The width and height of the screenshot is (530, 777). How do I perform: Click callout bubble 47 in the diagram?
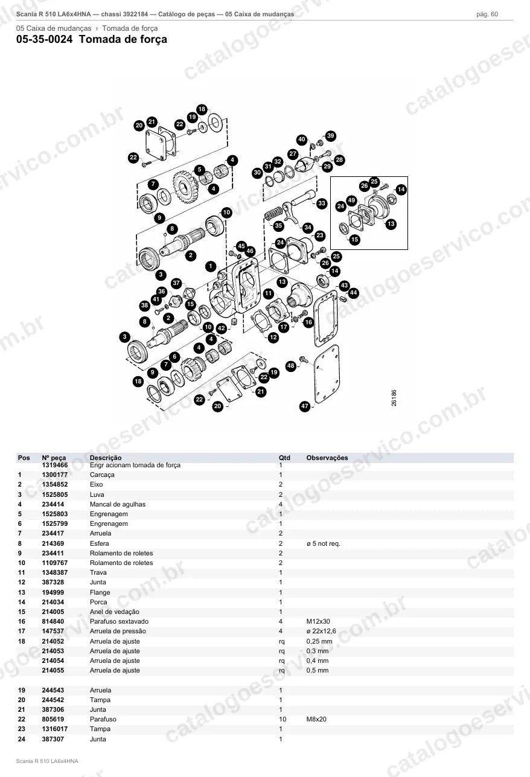pos(305,406)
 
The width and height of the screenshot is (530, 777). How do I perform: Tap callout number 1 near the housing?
pos(211,266)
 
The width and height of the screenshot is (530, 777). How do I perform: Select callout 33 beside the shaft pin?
pos(322,203)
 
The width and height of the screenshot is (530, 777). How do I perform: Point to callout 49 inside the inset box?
pos(352,200)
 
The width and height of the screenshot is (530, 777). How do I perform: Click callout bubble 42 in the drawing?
pos(222,328)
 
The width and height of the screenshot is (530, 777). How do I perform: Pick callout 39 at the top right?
pos(331,136)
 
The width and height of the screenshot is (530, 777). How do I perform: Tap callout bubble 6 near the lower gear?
pos(174,357)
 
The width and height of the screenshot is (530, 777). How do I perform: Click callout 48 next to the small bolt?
pos(291,366)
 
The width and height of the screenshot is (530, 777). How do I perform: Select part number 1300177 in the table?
pos(55,475)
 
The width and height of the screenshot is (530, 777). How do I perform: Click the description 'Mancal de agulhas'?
pos(118,504)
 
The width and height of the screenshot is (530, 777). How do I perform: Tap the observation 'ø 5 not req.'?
pos(324,543)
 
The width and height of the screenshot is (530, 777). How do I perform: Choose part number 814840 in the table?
pos(53,621)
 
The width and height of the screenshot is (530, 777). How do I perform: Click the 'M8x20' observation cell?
pos(316,719)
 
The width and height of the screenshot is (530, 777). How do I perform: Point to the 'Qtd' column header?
pos(284,458)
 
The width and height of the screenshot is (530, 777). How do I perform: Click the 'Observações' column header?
pos(327,458)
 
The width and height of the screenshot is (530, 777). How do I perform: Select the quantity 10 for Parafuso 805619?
pos(283,719)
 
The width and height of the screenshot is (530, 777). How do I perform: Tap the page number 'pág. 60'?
pos(487,14)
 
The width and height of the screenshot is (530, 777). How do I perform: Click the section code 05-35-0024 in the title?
pos(45,39)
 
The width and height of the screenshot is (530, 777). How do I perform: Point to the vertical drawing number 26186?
pos(394,398)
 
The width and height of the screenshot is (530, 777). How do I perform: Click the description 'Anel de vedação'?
pos(115,612)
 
